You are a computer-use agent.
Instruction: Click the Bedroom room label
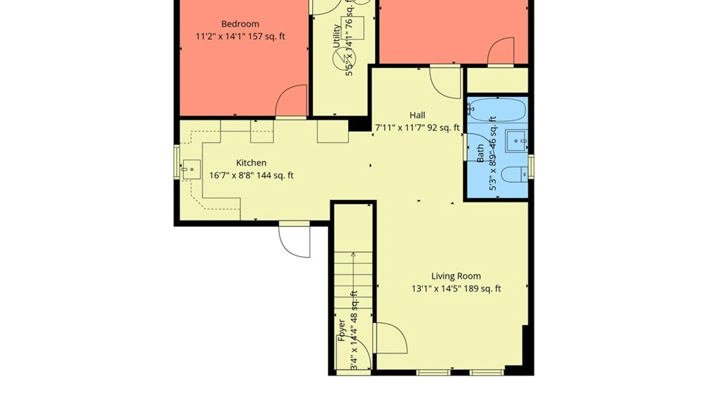click(240, 24)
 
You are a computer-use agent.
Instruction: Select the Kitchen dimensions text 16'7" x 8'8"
click(231, 175)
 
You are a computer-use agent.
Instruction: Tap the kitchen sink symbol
click(191, 170)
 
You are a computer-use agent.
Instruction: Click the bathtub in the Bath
click(497, 109)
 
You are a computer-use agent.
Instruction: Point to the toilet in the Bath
click(514, 174)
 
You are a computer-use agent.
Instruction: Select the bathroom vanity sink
click(516, 141)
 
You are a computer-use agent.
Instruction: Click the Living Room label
click(456, 276)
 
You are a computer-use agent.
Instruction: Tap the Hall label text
click(417, 115)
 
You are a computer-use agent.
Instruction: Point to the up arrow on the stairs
click(353, 255)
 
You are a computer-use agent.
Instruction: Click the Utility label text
click(336, 36)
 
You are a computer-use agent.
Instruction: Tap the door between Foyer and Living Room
click(390, 338)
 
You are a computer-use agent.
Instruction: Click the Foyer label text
click(341, 330)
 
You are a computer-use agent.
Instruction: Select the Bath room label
click(480, 154)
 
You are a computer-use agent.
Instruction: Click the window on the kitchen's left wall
click(177, 162)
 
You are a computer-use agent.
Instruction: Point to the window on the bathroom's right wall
click(531, 167)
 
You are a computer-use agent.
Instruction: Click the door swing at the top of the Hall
click(445, 83)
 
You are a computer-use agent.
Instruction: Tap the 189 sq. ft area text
click(482, 289)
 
